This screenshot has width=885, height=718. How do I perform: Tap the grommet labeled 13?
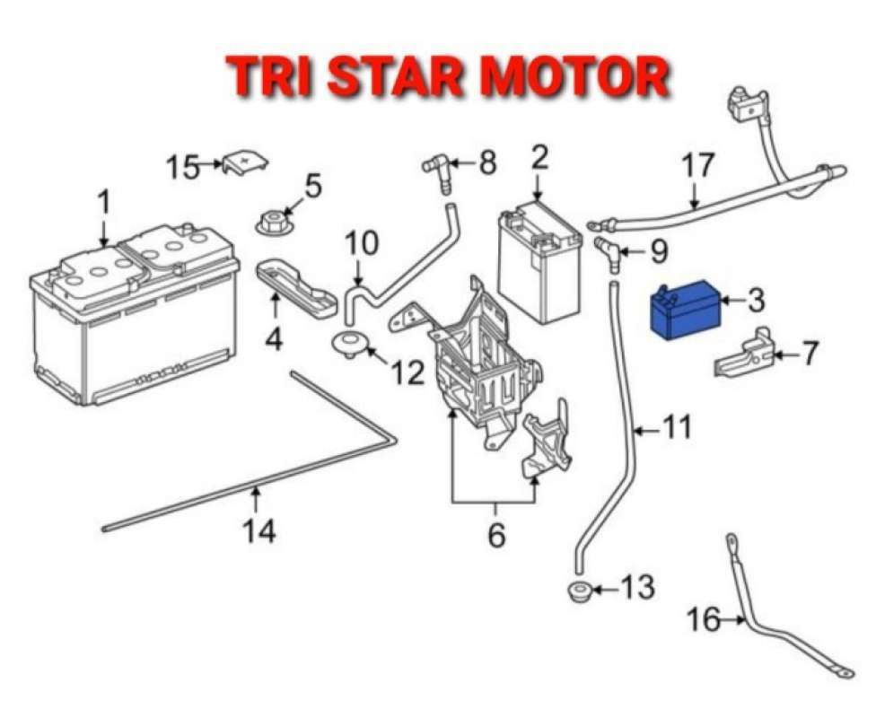(x=580, y=591)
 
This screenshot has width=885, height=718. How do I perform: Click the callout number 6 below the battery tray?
(x=495, y=535)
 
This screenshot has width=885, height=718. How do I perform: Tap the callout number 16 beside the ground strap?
(x=705, y=619)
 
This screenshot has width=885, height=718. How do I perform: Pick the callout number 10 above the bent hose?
(x=362, y=242)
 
